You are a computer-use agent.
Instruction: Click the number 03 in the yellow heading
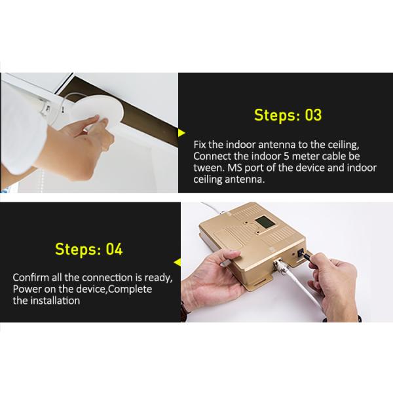[313, 115]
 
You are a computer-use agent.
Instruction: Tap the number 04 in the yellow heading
[114, 249]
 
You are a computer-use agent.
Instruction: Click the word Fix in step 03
[200, 145]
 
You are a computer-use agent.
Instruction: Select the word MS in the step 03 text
[234, 168]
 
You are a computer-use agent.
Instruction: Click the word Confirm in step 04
[31, 278]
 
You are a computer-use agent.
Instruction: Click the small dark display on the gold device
[265, 222]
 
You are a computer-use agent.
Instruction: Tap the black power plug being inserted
[306, 256]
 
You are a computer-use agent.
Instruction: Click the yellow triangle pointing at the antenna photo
[181, 133]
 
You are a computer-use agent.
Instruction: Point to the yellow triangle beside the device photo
[178, 263]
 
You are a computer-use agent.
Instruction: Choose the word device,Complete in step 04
[114, 290]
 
